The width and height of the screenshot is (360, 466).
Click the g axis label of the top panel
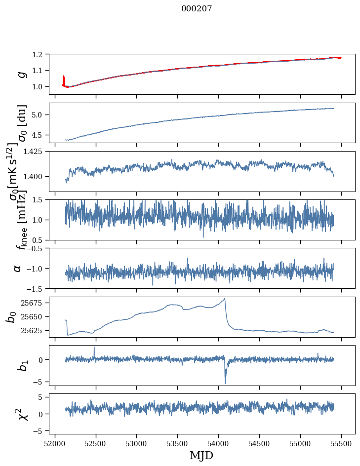[21, 74]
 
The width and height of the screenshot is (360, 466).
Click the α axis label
[17, 268]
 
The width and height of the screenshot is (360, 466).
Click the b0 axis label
[11, 316]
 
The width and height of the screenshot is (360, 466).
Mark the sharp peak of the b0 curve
[225, 298]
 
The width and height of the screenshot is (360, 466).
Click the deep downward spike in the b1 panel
[225, 383]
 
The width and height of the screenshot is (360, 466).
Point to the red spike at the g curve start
[63, 79]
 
